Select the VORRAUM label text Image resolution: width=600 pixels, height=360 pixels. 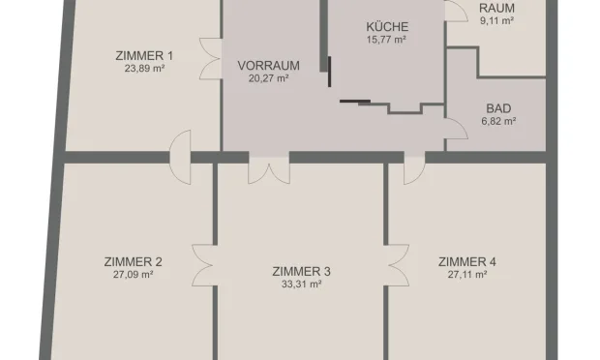[x=268, y=66]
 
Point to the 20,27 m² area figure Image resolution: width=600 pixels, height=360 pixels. [x=268, y=79]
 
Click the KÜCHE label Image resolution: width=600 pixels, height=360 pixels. [x=386, y=27]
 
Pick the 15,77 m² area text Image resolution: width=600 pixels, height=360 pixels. [x=386, y=41]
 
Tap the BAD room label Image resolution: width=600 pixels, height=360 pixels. [x=498, y=108]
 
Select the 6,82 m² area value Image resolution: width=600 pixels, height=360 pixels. [x=498, y=122]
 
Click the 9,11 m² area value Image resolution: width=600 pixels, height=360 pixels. [x=497, y=19]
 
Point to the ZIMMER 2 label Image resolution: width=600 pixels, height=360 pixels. [x=132, y=261]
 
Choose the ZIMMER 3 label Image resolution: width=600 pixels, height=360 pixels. [x=301, y=271]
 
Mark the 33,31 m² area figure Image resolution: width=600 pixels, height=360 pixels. [x=301, y=285]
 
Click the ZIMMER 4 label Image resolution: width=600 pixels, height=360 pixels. [x=466, y=261]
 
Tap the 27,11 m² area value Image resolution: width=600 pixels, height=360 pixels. [x=466, y=275]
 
